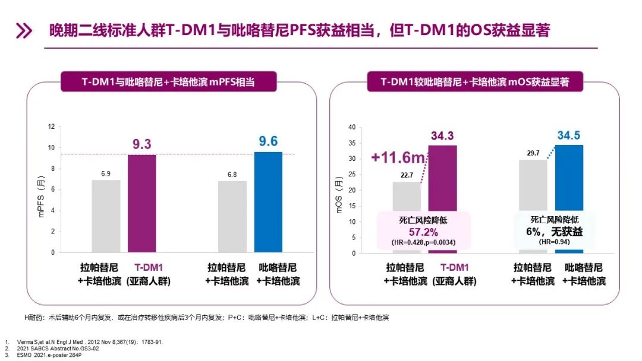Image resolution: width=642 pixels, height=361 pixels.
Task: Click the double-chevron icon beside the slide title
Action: coord(23,31)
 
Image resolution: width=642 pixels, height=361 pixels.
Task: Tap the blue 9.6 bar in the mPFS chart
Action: coord(268,202)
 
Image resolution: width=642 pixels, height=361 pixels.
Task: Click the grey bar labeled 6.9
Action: coord(106,216)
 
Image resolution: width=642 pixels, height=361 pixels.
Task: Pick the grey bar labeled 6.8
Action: coord(232,216)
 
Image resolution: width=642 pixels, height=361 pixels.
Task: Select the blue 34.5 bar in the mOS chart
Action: coord(569,178)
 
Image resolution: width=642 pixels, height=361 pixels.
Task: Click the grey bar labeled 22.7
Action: coord(407,196)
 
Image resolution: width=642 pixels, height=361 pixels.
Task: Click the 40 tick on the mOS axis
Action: coord(351,127)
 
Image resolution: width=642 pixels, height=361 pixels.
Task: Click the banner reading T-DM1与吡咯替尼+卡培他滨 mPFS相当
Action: coord(168,82)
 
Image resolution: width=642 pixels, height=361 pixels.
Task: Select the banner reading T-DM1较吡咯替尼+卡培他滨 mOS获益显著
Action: coord(475,82)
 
